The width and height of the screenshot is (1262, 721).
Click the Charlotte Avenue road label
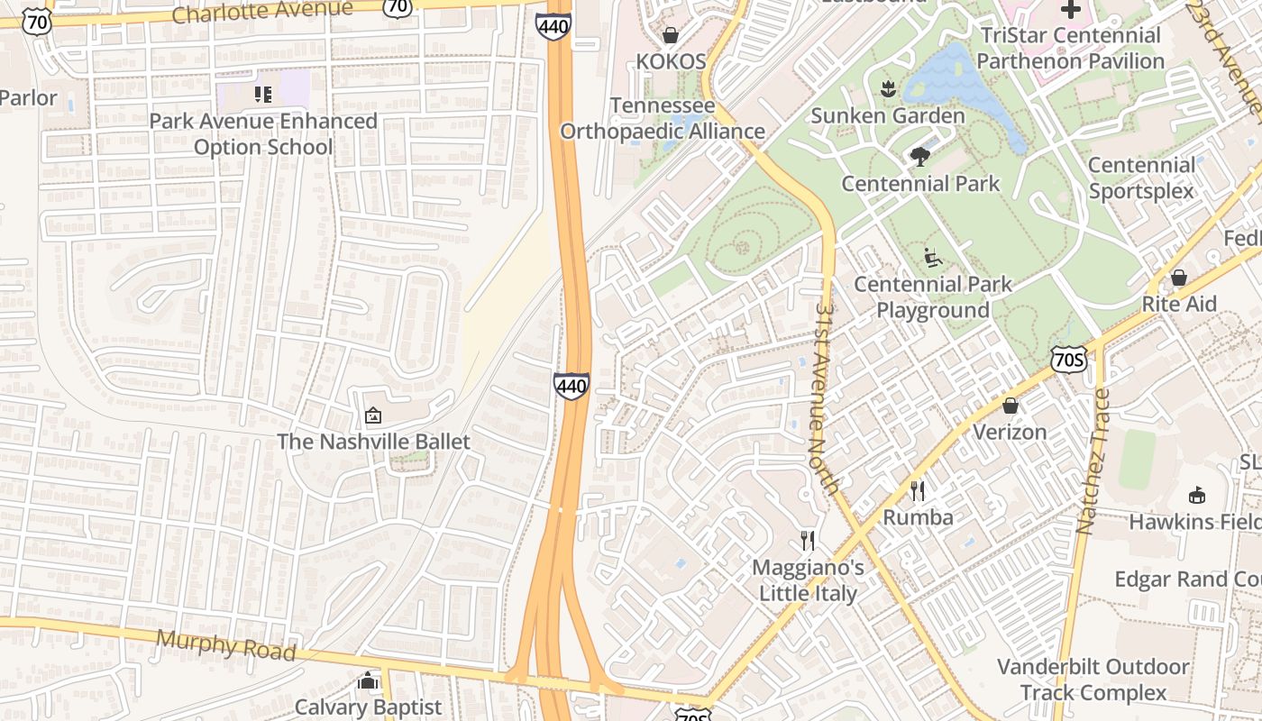click(x=261, y=12)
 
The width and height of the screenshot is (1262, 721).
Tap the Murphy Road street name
click(x=225, y=644)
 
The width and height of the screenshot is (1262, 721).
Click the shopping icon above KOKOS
click(x=671, y=35)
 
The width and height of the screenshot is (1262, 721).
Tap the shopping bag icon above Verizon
click(x=1010, y=406)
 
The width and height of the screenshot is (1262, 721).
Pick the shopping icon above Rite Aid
click(x=1178, y=278)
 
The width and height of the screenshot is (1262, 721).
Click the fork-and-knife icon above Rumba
click(x=918, y=491)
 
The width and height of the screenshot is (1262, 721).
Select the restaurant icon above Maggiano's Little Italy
click(x=808, y=541)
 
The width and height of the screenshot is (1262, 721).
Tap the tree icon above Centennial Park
click(x=919, y=157)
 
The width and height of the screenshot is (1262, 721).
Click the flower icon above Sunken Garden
click(x=888, y=88)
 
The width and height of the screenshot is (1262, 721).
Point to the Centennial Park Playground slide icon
click(x=933, y=258)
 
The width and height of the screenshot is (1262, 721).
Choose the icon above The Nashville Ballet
click(x=373, y=415)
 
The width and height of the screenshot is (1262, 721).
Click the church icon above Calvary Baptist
click(x=368, y=680)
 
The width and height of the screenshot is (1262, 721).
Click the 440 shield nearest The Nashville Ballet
click(x=572, y=387)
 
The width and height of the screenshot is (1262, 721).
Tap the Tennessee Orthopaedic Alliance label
click(x=663, y=118)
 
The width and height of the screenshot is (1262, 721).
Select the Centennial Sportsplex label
click(x=1141, y=178)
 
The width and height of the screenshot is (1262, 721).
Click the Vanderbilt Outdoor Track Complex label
click(x=1093, y=680)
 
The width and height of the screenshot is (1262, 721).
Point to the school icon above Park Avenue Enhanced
click(x=263, y=95)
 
